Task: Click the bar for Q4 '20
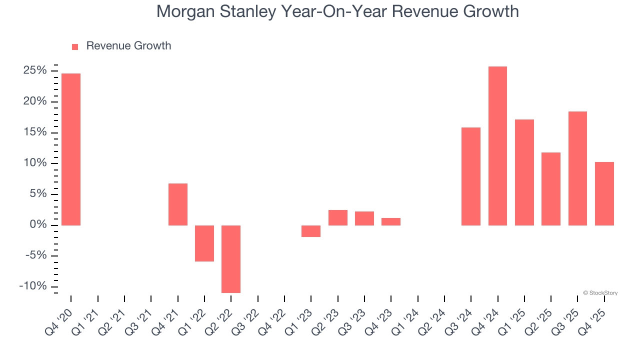71,149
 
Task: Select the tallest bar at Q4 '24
497,146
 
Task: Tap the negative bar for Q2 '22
231,259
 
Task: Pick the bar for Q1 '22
204,243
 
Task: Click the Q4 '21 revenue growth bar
178,204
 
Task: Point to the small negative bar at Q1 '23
311,231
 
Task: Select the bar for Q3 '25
577,168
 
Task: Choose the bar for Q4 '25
604,193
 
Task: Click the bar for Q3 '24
471,176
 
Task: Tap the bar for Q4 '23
391,221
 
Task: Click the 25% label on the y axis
35,70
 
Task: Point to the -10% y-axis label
33,286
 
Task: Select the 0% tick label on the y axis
38,225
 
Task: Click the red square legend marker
75,46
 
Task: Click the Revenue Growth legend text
128,46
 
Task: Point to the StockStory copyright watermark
600,293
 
